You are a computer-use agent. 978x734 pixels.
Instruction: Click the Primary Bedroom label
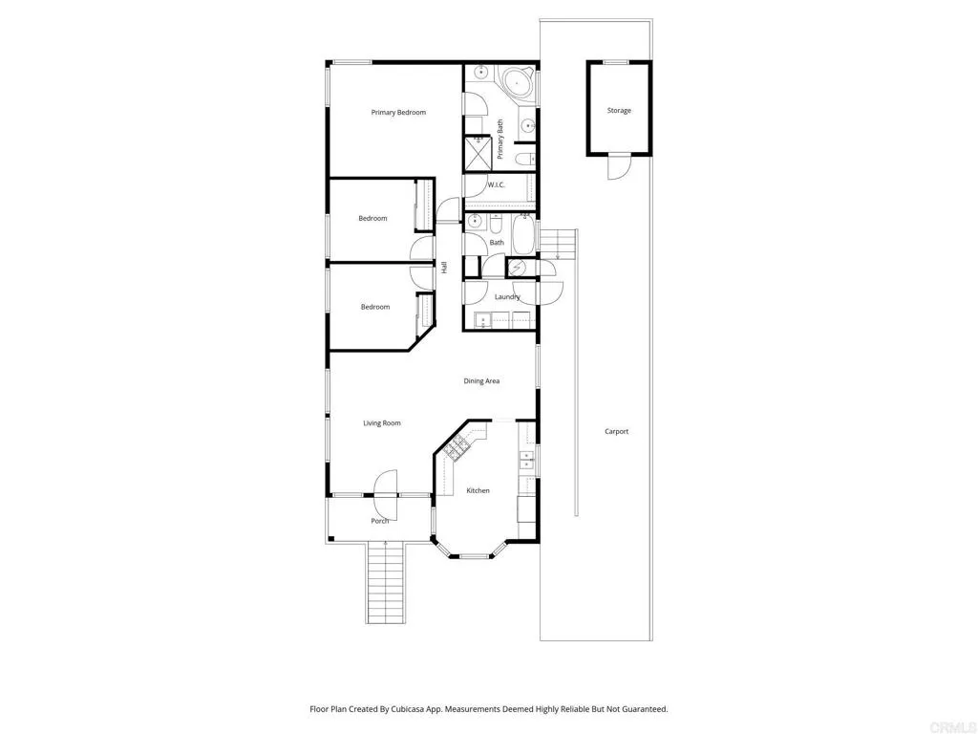[x=398, y=113]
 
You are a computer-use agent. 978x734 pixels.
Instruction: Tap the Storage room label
[x=619, y=111]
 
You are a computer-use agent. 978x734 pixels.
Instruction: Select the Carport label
[x=617, y=432]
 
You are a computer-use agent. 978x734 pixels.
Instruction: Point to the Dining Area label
[x=481, y=381]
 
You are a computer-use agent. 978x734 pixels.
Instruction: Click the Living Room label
[x=382, y=423]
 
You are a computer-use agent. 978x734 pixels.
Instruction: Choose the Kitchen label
[x=478, y=491]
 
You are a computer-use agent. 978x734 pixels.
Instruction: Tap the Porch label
[x=380, y=521]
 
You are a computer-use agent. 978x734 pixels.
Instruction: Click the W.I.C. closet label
[x=496, y=184]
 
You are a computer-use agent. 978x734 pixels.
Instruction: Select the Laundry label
[x=507, y=297]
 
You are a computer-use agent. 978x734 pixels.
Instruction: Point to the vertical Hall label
[x=444, y=269]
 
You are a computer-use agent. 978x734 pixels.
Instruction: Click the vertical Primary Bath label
[x=500, y=140]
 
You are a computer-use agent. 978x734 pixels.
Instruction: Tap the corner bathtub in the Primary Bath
[x=518, y=84]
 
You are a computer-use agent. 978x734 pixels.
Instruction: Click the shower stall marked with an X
[x=477, y=152]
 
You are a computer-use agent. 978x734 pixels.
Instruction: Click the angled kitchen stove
[x=455, y=446]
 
